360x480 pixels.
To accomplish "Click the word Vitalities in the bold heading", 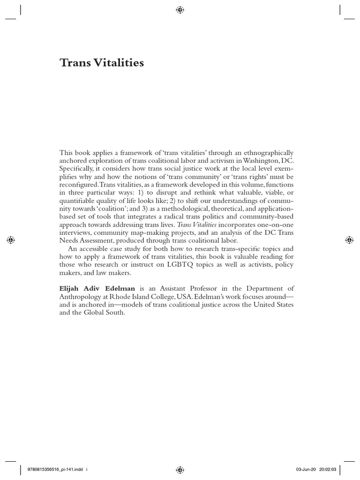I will tap(118, 63).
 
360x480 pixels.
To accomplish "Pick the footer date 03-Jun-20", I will tap(307, 468).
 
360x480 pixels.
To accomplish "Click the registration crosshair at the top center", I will tap(180, 10).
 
